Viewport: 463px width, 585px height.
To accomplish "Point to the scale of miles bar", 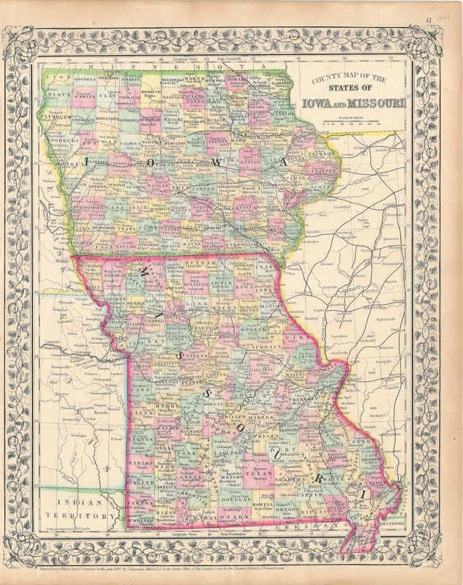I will pos(358,123).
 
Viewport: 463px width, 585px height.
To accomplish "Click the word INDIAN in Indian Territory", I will pos(68,502).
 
